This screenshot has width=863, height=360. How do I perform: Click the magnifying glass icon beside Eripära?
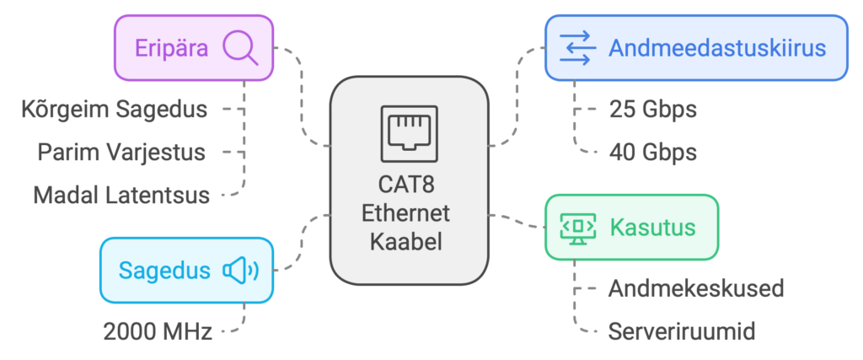[240, 48]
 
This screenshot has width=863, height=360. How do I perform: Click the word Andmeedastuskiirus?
[716, 48]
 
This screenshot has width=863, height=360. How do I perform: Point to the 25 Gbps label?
[652, 109]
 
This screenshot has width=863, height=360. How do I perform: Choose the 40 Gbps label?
[652, 152]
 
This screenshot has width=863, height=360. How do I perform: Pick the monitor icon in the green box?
[578, 228]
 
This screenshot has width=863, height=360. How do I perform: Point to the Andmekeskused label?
[696, 288]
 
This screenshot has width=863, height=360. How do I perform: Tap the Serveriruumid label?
[681, 330]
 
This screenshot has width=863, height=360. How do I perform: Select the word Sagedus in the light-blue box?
[163, 271]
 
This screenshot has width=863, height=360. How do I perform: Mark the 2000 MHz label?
[158, 330]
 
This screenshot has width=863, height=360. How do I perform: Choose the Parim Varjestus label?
[121, 152]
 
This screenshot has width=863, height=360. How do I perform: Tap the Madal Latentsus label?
[121, 195]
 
